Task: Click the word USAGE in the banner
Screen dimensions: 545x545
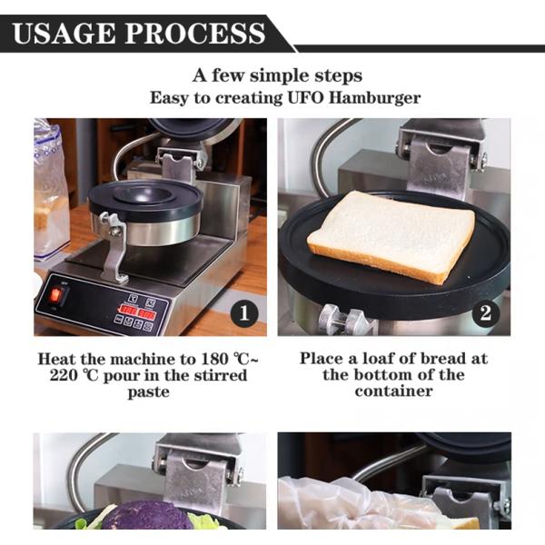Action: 64,34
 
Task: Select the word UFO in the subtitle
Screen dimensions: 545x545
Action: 305,98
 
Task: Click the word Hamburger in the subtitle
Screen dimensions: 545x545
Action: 374,98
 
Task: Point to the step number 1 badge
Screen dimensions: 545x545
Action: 244,313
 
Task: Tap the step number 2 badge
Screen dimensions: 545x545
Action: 486,313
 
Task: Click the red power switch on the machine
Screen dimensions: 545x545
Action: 55,294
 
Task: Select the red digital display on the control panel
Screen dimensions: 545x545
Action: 138,311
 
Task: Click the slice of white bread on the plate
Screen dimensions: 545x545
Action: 391,236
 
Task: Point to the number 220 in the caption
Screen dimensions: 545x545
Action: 64,375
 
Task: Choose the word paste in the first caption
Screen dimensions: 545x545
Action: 149,392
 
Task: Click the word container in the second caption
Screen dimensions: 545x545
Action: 394,391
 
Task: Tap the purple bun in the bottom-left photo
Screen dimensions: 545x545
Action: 146,515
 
